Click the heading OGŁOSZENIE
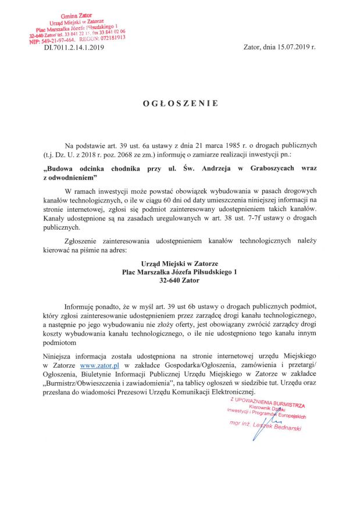pos(180,104)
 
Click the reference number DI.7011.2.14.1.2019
pos(73,50)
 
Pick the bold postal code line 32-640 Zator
pos(179,280)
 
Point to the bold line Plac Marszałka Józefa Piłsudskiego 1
pos(179,272)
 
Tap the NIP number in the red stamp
pos(49,41)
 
